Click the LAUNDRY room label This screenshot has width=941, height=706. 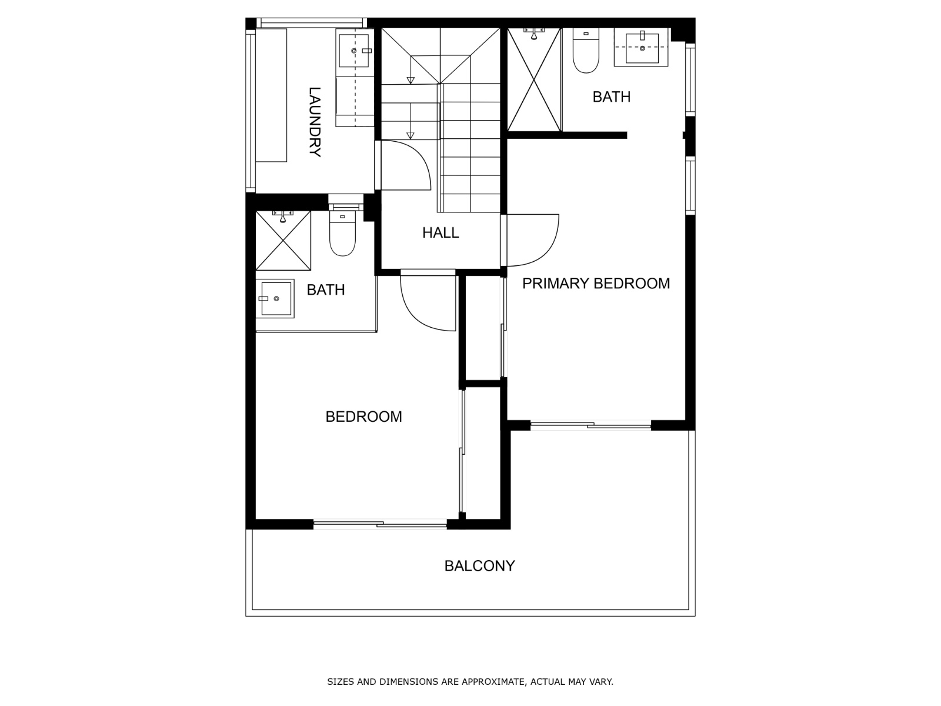[315, 122]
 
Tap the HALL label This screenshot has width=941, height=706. [441, 233]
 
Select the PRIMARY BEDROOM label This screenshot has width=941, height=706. [596, 284]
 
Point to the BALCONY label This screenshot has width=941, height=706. [479, 566]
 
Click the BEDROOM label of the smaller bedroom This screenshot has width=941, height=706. [363, 417]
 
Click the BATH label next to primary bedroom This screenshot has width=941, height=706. [611, 97]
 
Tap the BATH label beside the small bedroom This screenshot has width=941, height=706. [326, 290]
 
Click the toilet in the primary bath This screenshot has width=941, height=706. [586, 51]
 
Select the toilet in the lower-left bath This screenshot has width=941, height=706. [342, 234]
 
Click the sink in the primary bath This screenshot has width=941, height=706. [641, 48]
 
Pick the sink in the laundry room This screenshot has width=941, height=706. [354, 51]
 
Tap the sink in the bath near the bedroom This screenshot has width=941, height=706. [275, 298]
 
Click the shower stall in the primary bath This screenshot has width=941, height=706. [534, 80]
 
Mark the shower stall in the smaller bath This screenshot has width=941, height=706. [283, 241]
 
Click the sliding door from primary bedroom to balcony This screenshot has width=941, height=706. [590, 425]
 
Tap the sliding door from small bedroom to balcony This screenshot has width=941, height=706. [381, 524]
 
